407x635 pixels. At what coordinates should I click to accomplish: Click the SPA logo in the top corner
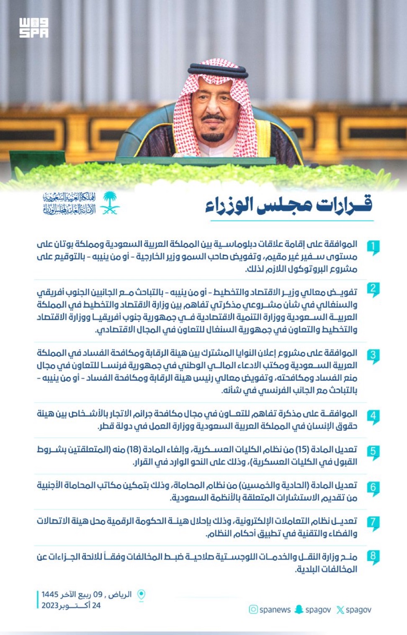(33, 28)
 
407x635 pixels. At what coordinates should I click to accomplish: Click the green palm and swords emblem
(110, 203)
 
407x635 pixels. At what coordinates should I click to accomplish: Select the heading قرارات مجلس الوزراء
(289, 205)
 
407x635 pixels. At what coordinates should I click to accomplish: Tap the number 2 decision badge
(373, 289)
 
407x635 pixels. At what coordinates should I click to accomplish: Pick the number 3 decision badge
(373, 356)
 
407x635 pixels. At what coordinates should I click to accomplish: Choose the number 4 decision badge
(373, 416)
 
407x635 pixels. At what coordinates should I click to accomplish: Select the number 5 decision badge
(373, 452)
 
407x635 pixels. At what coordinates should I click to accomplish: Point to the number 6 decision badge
(373, 488)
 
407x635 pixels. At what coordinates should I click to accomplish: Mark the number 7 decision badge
(373, 523)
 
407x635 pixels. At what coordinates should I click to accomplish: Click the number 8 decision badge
(373, 557)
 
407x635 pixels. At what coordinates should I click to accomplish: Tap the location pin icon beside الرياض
(142, 595)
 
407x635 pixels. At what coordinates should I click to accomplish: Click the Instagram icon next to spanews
(253, 609)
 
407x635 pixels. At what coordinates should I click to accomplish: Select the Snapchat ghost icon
(299, 609)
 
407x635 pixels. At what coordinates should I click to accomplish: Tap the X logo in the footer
(340, 610)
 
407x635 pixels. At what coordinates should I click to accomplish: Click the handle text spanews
(275, 610)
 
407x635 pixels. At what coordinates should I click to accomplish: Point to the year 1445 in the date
(50, 594)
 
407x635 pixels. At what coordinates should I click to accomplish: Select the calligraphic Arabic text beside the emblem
(69, 203)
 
